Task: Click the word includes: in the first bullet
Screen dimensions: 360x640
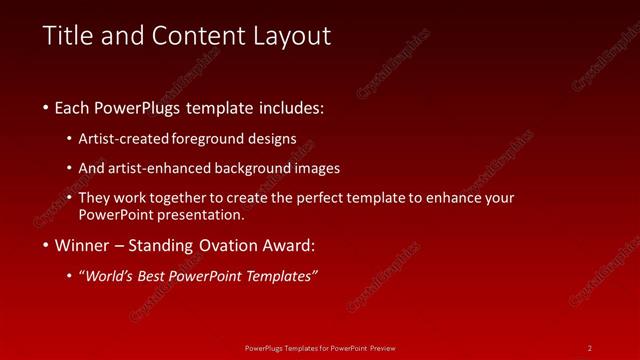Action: (x=289, y=107)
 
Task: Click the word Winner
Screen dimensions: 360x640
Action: (x=82, y=245)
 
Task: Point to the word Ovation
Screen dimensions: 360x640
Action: (x=229, y=245)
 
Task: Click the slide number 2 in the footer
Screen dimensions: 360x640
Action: (x=590, y=347)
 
